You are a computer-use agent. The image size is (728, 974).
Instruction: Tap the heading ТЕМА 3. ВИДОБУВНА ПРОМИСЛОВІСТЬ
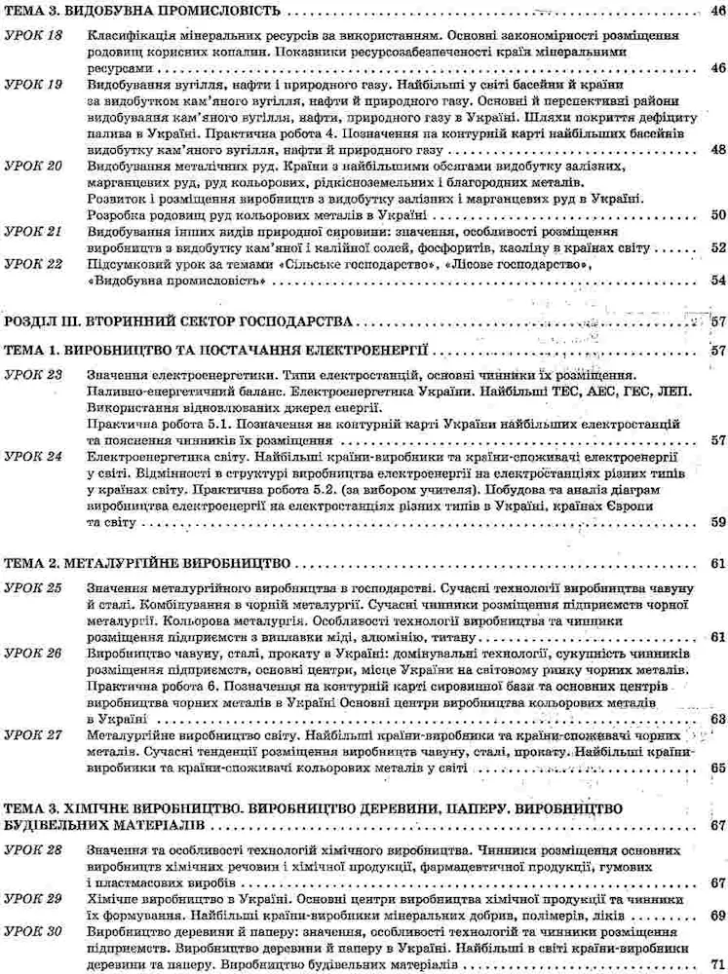tap(141, 11)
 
